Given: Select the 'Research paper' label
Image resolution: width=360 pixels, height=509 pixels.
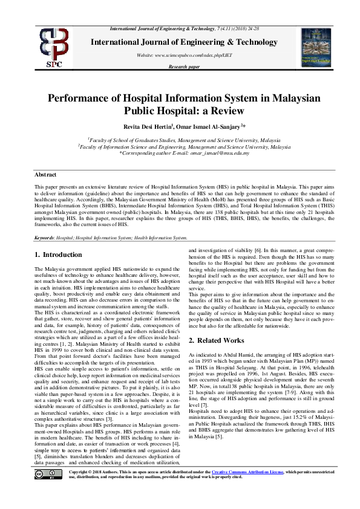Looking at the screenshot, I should pyautogui.click(x=184, y=66).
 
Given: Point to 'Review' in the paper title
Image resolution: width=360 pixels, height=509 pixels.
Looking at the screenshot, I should pyautogui.click(x=226, y=111).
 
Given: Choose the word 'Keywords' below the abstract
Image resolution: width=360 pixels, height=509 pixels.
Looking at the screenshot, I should pyautogui.click(x=45, y=238).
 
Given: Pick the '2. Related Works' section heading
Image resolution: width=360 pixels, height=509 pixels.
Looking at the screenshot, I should pyautogui.click(x=217, y=341).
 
